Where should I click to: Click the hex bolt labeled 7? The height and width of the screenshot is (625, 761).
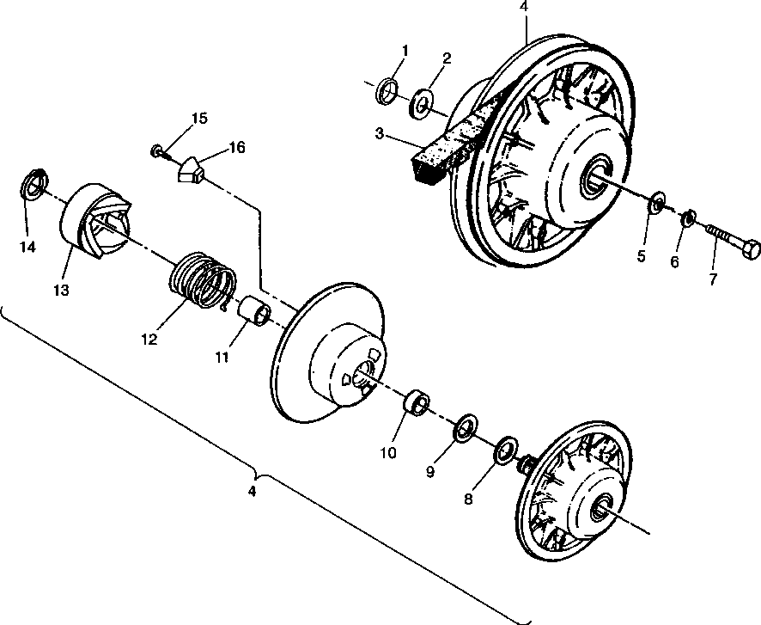734,242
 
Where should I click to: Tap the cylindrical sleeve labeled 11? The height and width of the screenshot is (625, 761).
255,311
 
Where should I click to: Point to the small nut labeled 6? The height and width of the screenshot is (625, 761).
688,220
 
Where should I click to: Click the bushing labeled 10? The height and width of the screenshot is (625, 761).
417,403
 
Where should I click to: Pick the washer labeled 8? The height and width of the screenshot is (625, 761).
507,446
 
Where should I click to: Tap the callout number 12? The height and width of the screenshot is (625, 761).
148,339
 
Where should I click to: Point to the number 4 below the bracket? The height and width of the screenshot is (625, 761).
252,493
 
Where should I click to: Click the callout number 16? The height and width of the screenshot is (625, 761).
237,148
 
